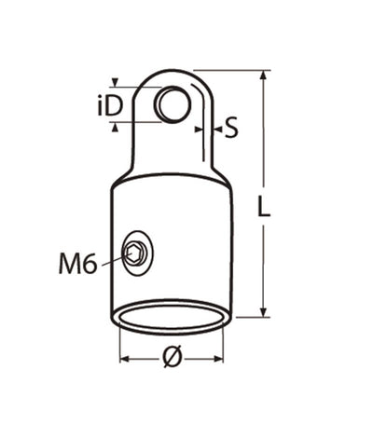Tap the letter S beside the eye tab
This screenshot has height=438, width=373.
click(x=231, y=127)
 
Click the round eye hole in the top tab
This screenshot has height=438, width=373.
click(x=171, y=103)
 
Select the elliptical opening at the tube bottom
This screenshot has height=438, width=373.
click(x=171, y=316)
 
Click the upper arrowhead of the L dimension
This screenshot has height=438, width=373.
click(x=266, y=75)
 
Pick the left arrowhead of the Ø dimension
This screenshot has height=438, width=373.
click(x=124, y=357)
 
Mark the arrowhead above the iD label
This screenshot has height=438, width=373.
click(x=115, y=83)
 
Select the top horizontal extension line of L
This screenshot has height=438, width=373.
click(x=233, y=70)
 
